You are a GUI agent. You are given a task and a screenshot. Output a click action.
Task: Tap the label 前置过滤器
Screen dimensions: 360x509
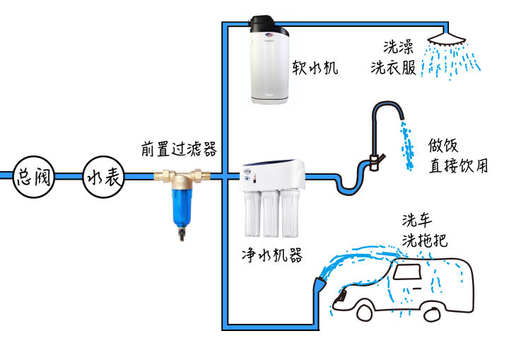tap(178, 149)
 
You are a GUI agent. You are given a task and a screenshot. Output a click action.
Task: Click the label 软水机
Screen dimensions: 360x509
tap(315, 68)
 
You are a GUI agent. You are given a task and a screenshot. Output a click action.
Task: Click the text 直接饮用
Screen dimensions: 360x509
tap(458, 166)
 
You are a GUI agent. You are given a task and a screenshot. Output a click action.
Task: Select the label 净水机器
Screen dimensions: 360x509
tap(271, 255)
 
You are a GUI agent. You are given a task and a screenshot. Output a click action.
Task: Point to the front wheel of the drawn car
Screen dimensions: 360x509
tap(366, 310)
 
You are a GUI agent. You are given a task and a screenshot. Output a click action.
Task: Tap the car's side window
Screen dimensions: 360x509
tap(411, 272)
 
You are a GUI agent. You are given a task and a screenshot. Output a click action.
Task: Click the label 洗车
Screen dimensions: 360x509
tap(416, 220)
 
